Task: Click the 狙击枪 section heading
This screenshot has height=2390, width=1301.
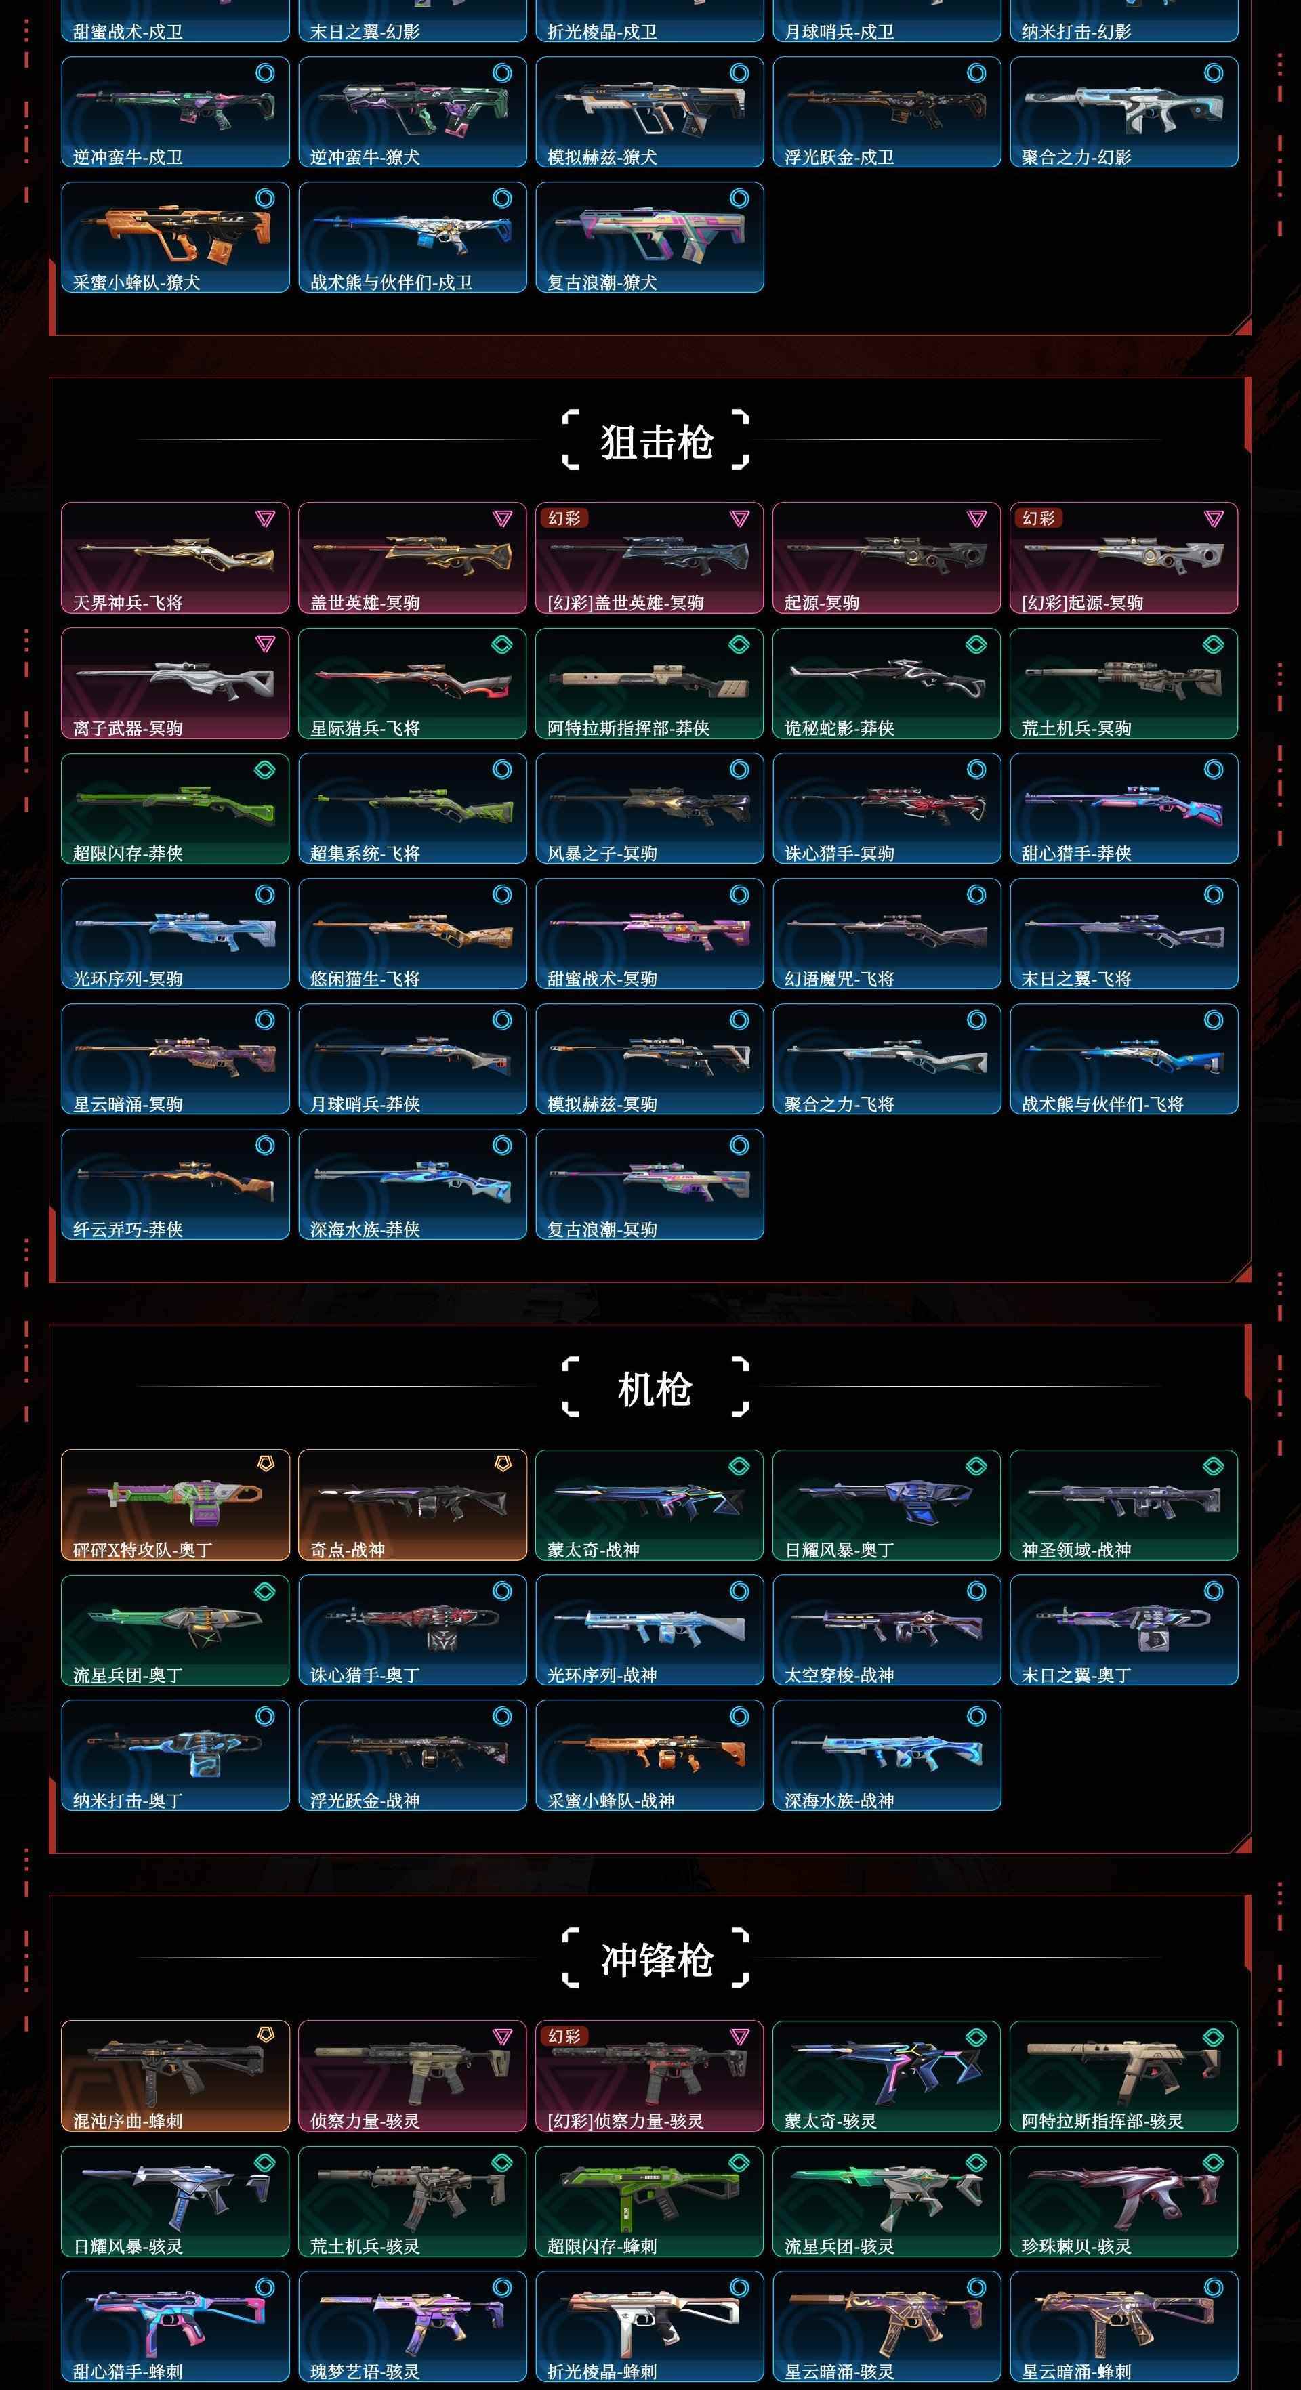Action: point(656,441)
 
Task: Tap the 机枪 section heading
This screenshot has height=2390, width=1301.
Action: point(655,1389)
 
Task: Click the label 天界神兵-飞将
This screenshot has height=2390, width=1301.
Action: point(128,603)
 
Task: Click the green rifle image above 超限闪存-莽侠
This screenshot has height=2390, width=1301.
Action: point(175,799)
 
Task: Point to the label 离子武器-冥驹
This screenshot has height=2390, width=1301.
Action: point(128,728)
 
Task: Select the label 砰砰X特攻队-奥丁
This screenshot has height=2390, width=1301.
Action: point(143,1549)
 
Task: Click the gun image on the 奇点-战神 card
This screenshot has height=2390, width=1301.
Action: point(413,1501)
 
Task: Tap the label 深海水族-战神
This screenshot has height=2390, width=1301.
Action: point(840,1800)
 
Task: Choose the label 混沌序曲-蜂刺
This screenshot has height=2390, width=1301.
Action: point(128,2121)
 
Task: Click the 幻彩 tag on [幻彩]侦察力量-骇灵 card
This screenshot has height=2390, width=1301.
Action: point(564,2036)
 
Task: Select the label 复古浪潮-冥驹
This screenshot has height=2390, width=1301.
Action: point(602,1230)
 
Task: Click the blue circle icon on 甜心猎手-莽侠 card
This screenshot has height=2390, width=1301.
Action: point(1214,769)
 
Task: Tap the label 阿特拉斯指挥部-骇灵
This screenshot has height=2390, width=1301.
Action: point(1102,2121)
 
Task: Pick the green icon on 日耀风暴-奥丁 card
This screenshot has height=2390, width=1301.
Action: point(976,1466)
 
